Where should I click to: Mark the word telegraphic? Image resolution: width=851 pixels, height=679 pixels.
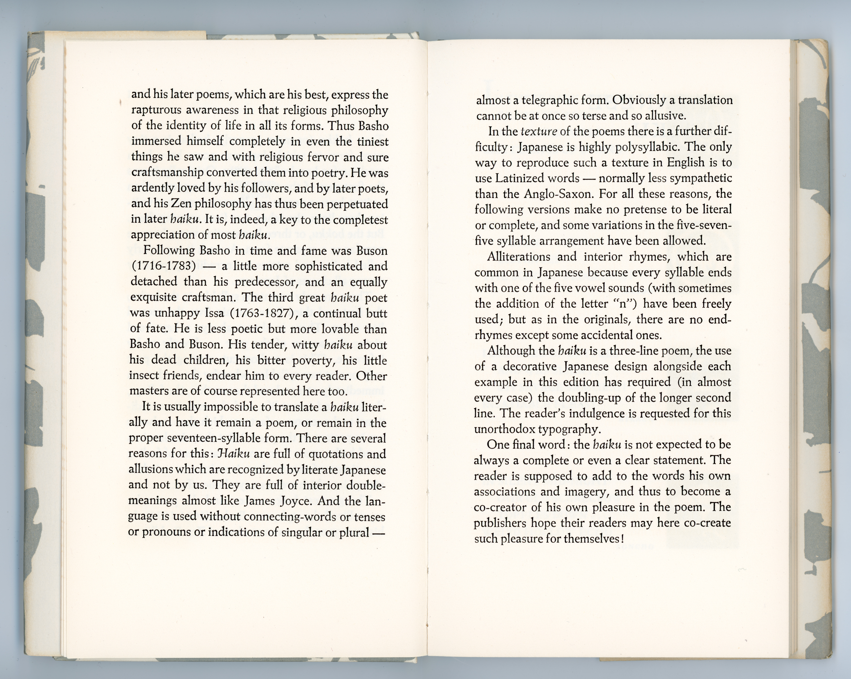(x=550, y=100)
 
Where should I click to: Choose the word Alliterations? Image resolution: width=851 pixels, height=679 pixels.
(x=518, y=257)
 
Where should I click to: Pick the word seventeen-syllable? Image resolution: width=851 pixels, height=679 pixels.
(x=210, y=438)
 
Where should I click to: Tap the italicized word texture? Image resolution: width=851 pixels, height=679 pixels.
(x=539, y=131)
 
